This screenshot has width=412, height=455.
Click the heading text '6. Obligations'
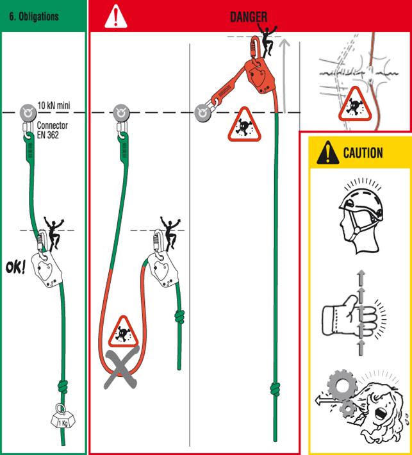tap(34, 17)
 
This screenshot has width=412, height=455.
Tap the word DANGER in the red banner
tap(249, 17)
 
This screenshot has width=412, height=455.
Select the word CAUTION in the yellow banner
tap(363, 153)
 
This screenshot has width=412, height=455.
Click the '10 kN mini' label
tap(54, 105)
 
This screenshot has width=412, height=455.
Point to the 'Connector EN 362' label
tap(53, 130)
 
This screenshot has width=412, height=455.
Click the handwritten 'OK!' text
tap(15, 267)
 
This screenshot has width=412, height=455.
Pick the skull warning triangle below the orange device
tap(244, 126)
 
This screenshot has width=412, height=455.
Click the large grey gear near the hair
tap(342, 385)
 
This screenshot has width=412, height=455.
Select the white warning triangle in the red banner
tap(116, 17)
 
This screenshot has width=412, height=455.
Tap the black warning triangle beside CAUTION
tap(328, 153)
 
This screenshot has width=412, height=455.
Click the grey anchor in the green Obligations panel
tap(28, 113)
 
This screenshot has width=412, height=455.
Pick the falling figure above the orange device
tap(267, 40)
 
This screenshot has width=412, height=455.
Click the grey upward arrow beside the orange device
tap(285, 76)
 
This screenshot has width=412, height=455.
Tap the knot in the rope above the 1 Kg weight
tap(62, 387)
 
